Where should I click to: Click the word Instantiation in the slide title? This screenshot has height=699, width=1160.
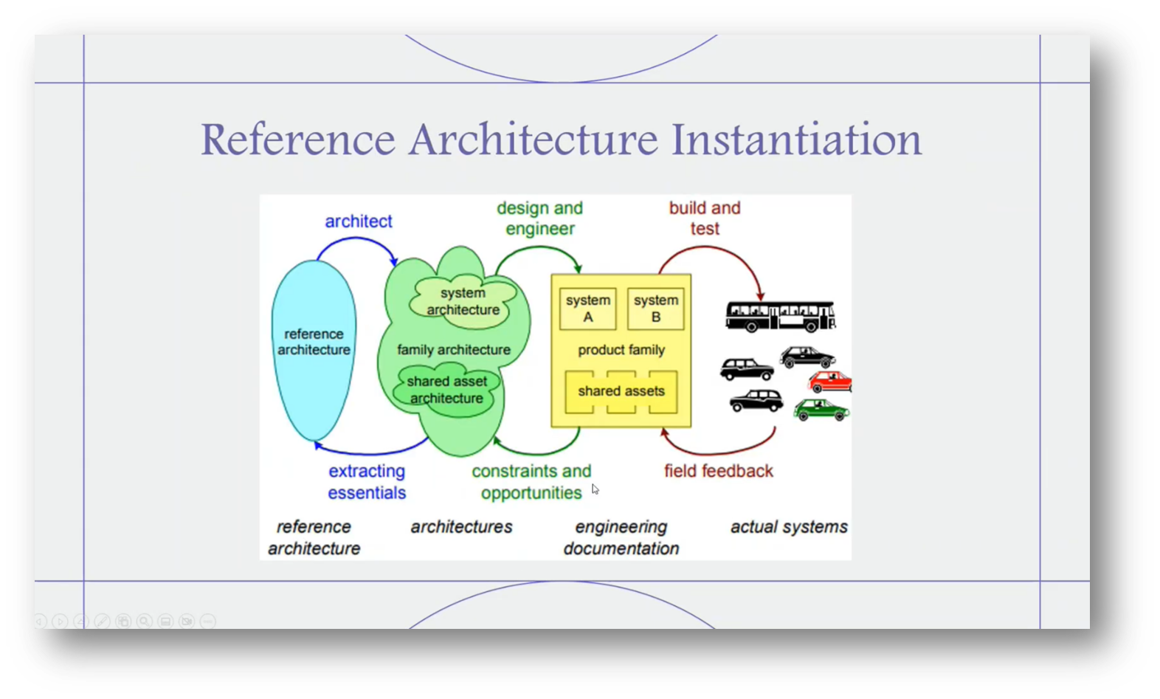click(796, 139)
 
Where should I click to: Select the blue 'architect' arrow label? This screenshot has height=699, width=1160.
click(359, 221)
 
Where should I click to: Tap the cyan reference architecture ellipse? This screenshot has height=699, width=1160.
click(314, 369)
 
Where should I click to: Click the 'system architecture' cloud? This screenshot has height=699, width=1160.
click(463, 301)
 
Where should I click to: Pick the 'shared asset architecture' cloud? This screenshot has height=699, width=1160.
click(446, 390)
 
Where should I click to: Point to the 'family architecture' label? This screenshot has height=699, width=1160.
click(453, 350)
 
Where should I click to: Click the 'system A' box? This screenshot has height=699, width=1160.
click(587, 309)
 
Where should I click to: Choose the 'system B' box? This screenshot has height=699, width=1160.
click(655, 309)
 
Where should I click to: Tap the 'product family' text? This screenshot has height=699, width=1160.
click(621, 350)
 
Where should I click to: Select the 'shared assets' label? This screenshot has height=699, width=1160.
click(621, 391)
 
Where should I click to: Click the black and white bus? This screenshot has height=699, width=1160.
click(780, 316)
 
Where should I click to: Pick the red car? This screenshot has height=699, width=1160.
click(830, 382)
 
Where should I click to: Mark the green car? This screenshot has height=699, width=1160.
click(821, 410)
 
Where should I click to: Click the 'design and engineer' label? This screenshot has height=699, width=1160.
click(539, 218)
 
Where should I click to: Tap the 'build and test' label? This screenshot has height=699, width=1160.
click(705, 218)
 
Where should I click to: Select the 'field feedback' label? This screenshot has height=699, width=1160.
click(718, 471)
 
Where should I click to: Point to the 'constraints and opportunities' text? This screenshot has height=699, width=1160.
click(531, 482)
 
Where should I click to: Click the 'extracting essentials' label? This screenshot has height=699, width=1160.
click(367, 482)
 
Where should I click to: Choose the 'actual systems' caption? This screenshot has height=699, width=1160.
click(789, 527)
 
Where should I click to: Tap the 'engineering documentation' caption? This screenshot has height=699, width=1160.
click(621, 537)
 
